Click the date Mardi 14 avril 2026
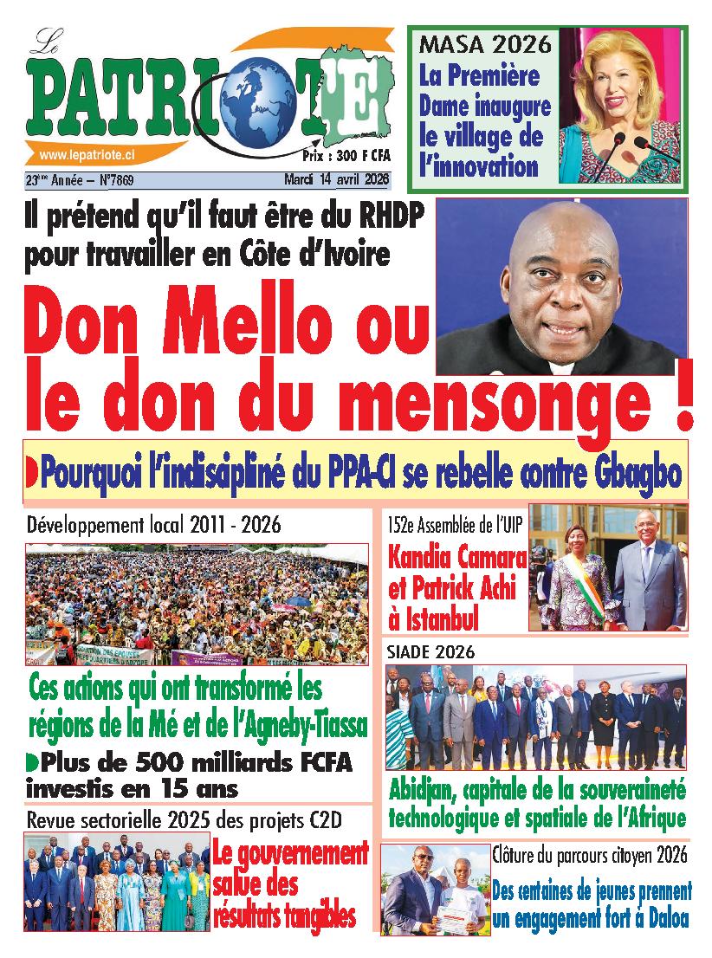pyautogui.click(x=338, y=180)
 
